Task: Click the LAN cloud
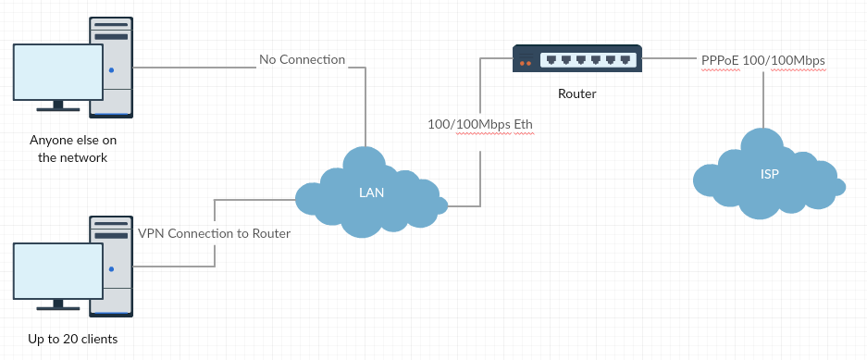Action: [x=371, y=193]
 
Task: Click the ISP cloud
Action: [x=769, y=174]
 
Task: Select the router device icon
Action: [x=577, y=58]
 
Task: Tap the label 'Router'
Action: [x=577, y=93]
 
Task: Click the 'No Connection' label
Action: [x=302, y=59]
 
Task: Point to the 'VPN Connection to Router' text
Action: [x=214, y=233]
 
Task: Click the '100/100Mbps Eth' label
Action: [x=480, y=124]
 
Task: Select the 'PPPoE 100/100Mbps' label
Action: [x=763, y=61]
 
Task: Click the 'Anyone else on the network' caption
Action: [x=73, y=149]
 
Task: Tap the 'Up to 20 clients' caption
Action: [x=73, y=339]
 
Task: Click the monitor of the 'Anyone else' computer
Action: [x=58, y=72]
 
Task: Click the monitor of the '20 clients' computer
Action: [x=58, y=271]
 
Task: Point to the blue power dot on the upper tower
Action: [x=111, y=70]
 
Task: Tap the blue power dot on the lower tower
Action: [x=111, y=269]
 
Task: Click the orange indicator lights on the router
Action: [x=526, y=63]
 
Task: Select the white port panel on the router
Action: [x=588, y=60]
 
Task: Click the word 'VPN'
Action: [x=151, y=233]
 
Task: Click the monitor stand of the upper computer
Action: [x=58, y=106]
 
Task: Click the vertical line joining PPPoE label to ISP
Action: [x=763, y=100]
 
